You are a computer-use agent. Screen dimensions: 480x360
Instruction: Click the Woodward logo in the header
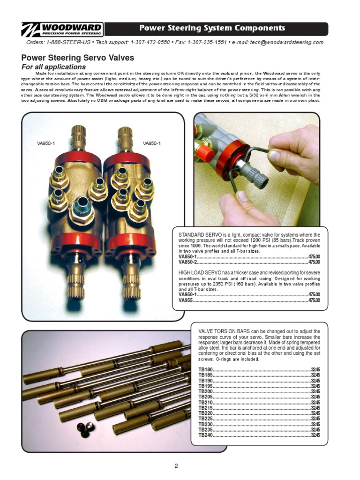pos(63,29)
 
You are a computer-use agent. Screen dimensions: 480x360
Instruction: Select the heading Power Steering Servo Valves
pos(78,58)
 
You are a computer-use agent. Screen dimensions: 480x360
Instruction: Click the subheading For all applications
pos(53,67)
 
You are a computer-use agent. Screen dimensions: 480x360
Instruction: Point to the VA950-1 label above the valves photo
pos(46,143)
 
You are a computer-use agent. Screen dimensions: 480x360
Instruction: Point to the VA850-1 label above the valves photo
pos(152,143)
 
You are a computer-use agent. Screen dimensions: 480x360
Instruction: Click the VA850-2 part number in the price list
pos(187,262)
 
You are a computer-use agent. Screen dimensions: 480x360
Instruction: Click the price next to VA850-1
pos(314,257)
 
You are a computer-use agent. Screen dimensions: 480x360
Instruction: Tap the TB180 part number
pos(205,370)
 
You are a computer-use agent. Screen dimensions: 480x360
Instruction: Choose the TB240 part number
pos(205,435)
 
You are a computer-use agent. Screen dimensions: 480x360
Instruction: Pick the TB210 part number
pos(205,403)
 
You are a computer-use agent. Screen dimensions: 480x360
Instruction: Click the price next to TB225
pos(315,419)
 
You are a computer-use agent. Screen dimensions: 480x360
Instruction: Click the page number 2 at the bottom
pos(176,466)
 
